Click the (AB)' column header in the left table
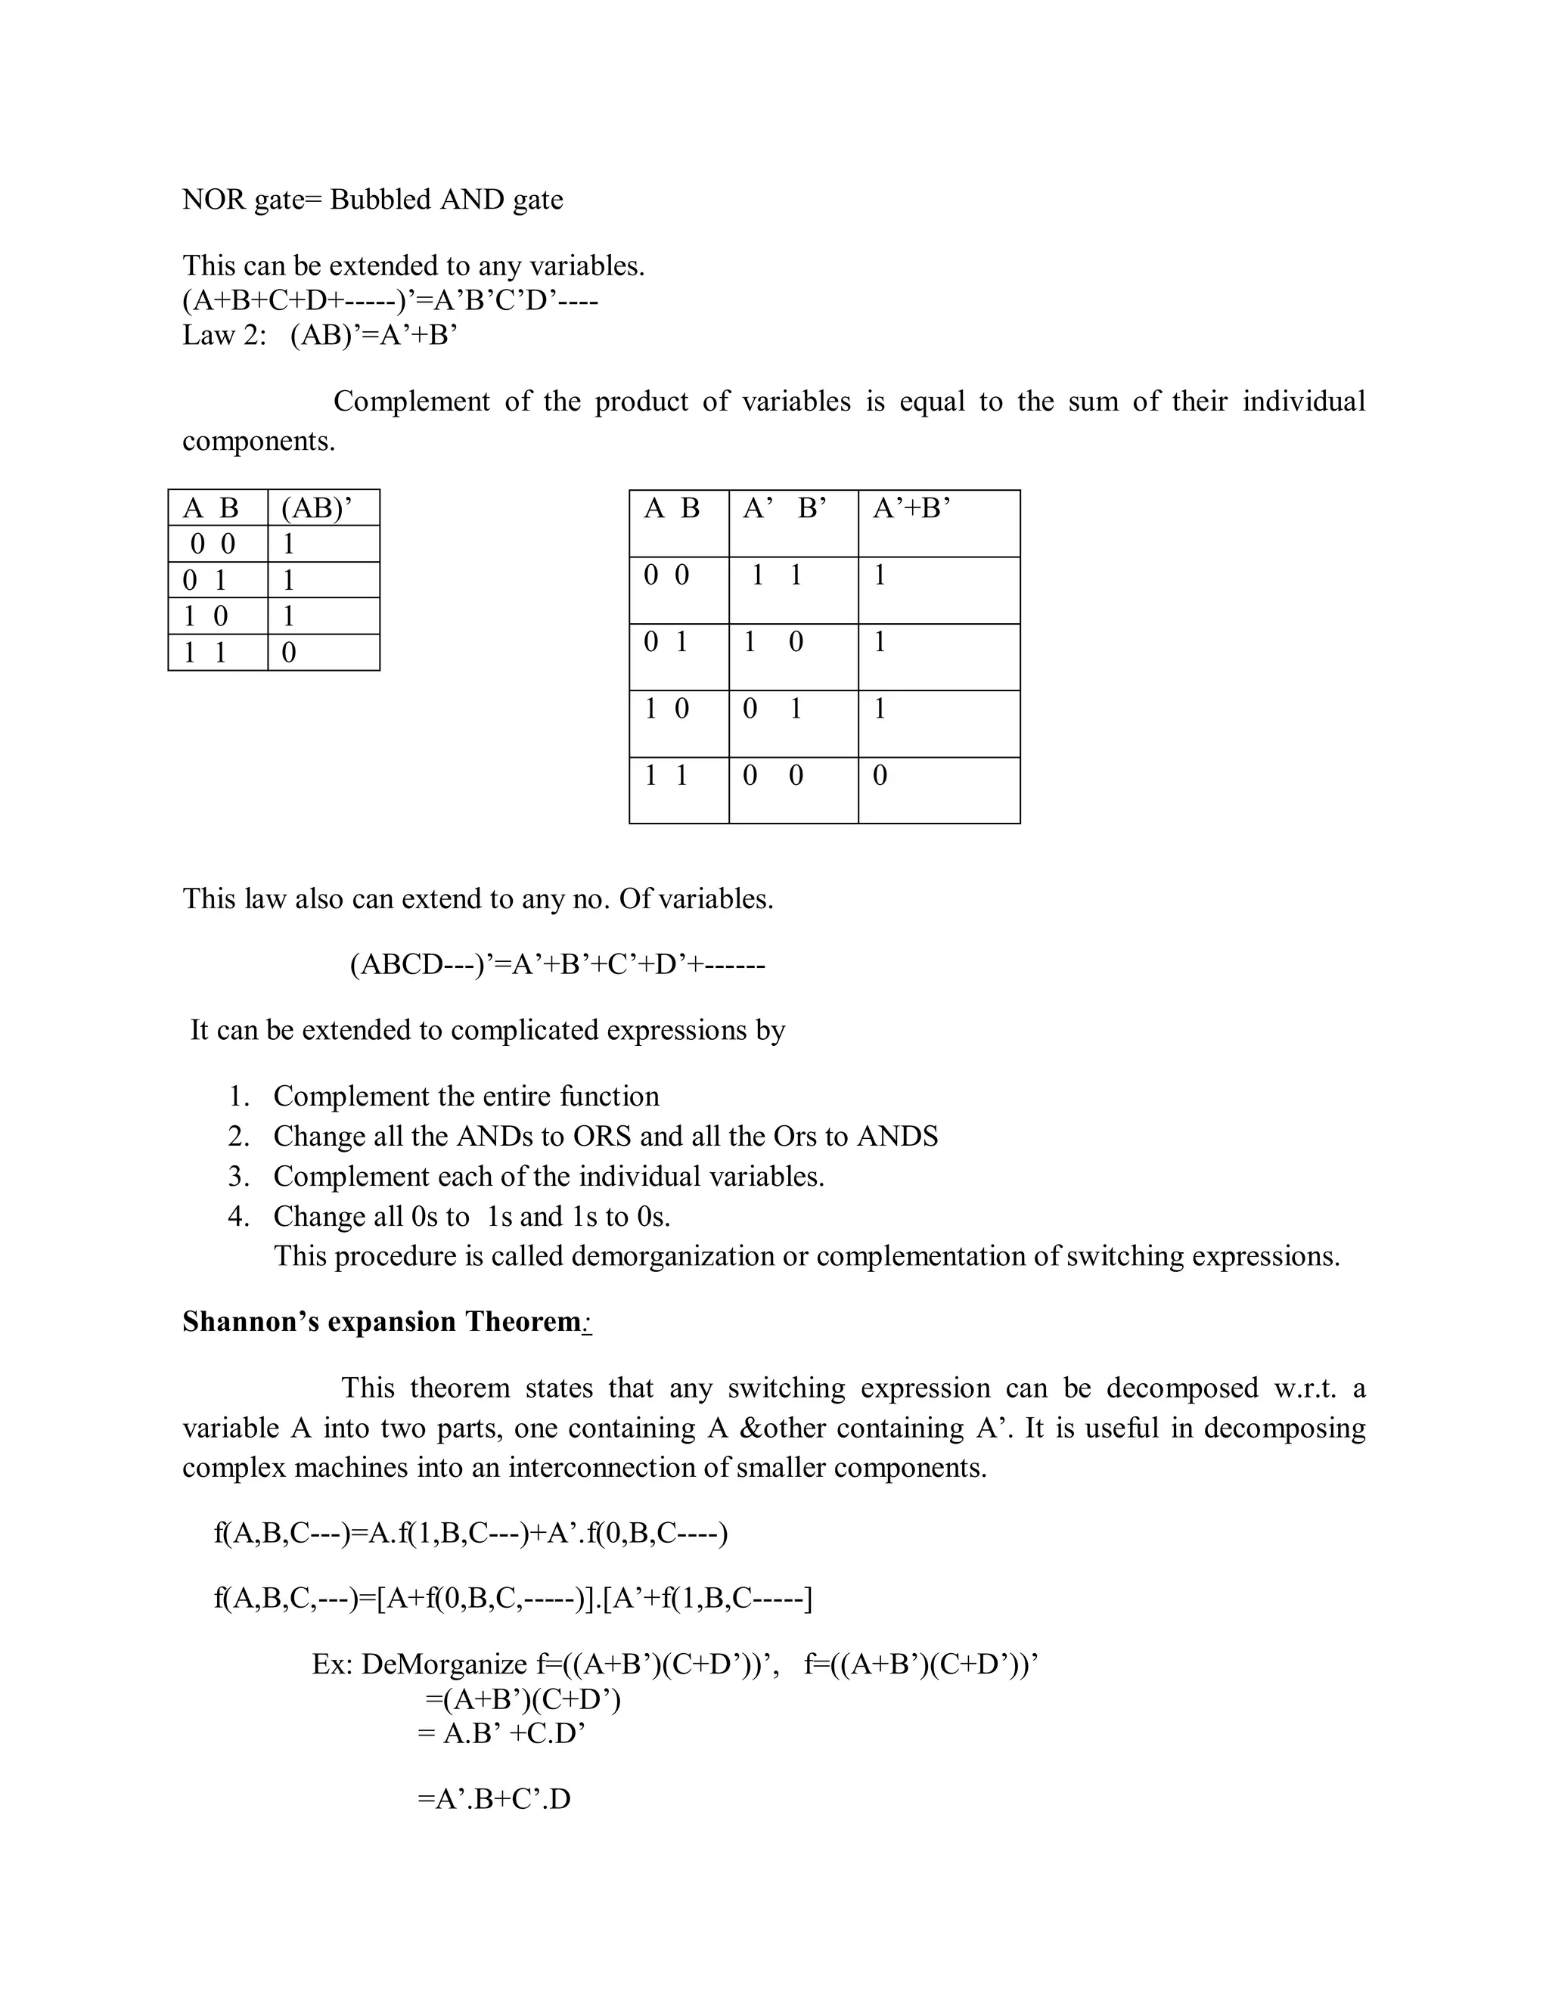pyautogui.click(x=317, y=508)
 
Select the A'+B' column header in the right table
pyautogui.click(x=911, y=508)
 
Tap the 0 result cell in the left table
pyautogui.click(x=289, y=653)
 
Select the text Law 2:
pyautogui.click(x=225, y=335)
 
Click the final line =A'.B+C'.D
pyautogui.click(x=494, y=1799)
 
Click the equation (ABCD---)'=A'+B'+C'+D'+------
pyautogui.click(x=557, y=965)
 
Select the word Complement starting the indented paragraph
pyautogui.click(x=411, y=402)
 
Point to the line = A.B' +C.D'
pyautogui.click(x=501, y=1733)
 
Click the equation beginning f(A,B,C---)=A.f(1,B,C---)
pyautogui.click(x=470, y=1534)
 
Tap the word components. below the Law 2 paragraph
pyautogui.click(x=259, y=442)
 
